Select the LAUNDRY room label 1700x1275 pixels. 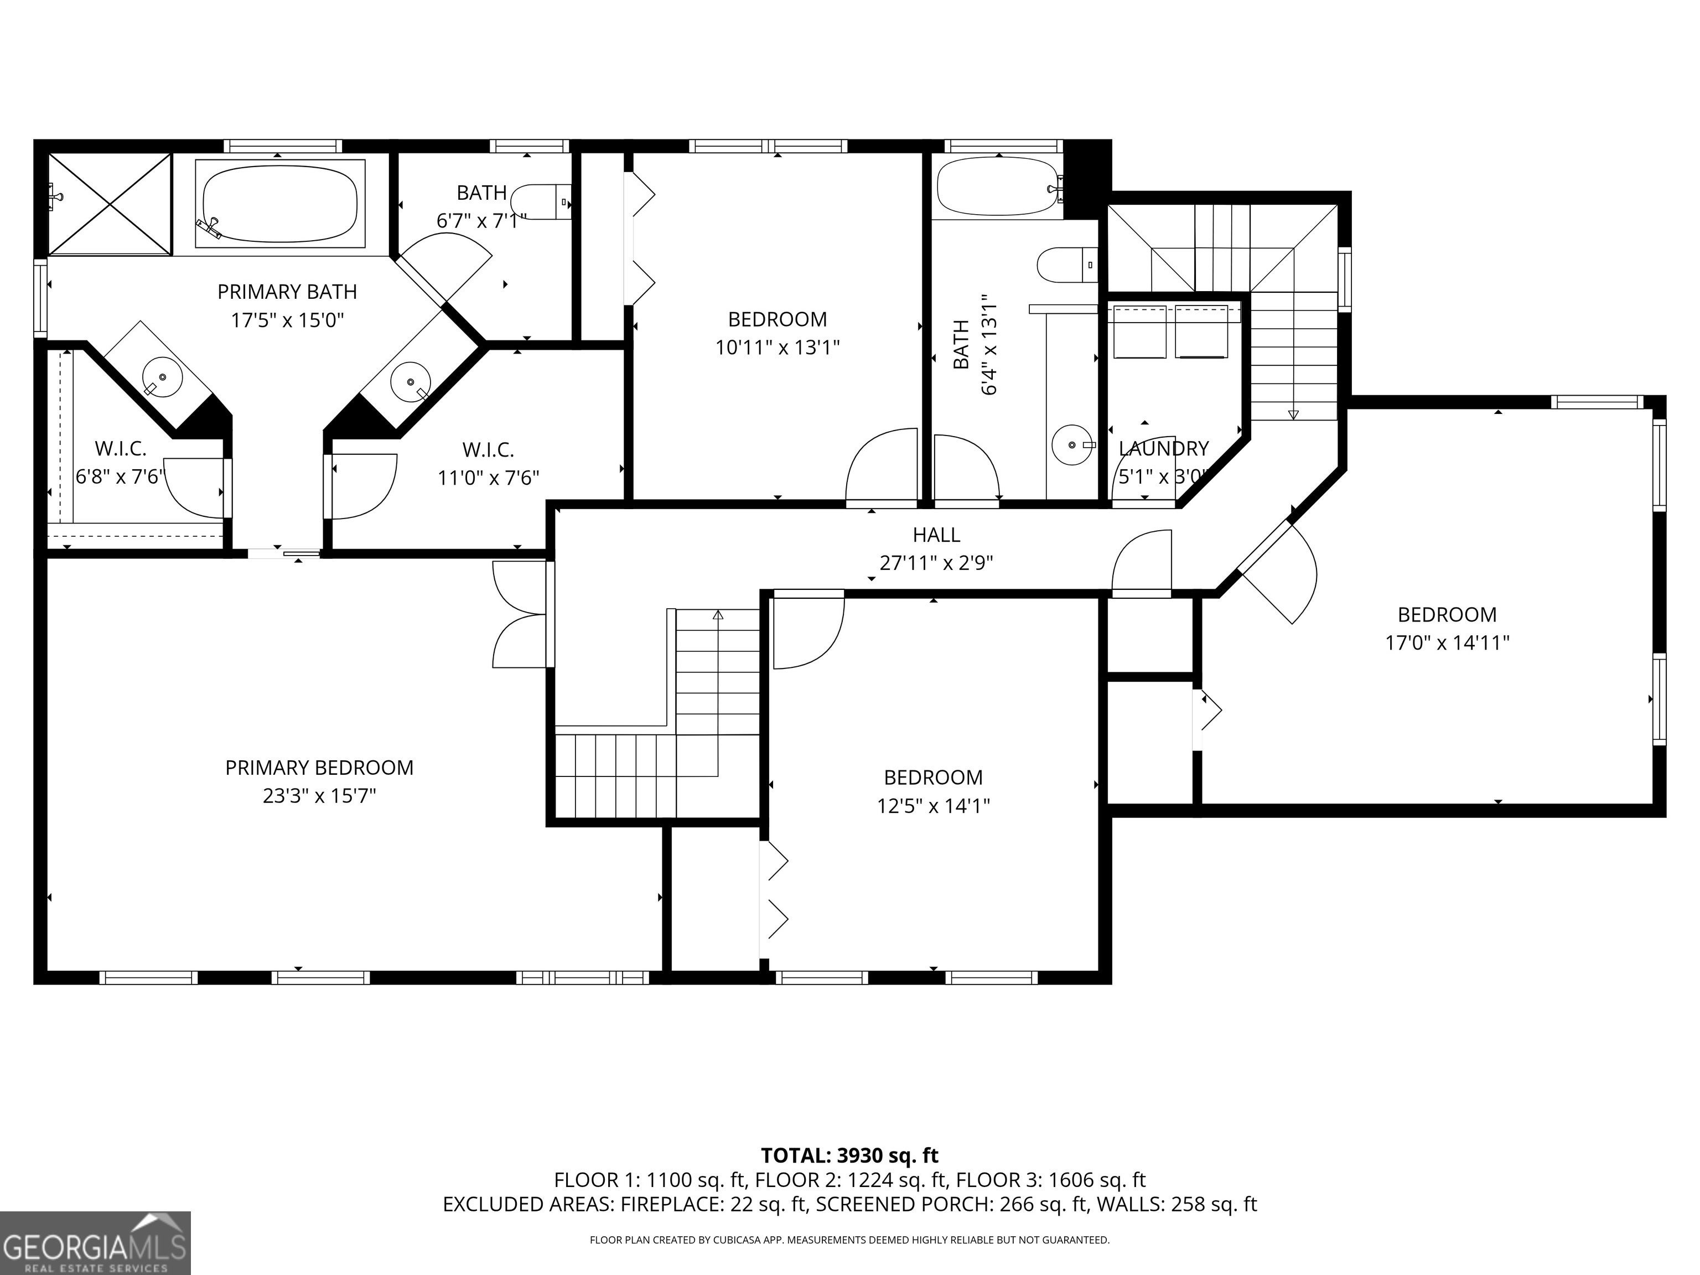pyautogui.click(x=1164, y=448)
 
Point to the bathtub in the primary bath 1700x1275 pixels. pyautogui.click(x=280, y=204)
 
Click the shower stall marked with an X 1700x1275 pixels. pyautogui.click(x=109, y=204)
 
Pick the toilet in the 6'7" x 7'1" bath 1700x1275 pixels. pyautogui.click(x=542, y=202)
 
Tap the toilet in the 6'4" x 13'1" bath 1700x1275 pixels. pyautogui.click(x=1067, y=265)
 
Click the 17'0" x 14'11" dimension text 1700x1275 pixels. pyautogui.click(x=1447, y=642)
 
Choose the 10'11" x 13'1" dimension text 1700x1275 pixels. pyautogui.click(x=777, y=348)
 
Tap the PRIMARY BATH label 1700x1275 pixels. pyautogui.click(x=287, y=292)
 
